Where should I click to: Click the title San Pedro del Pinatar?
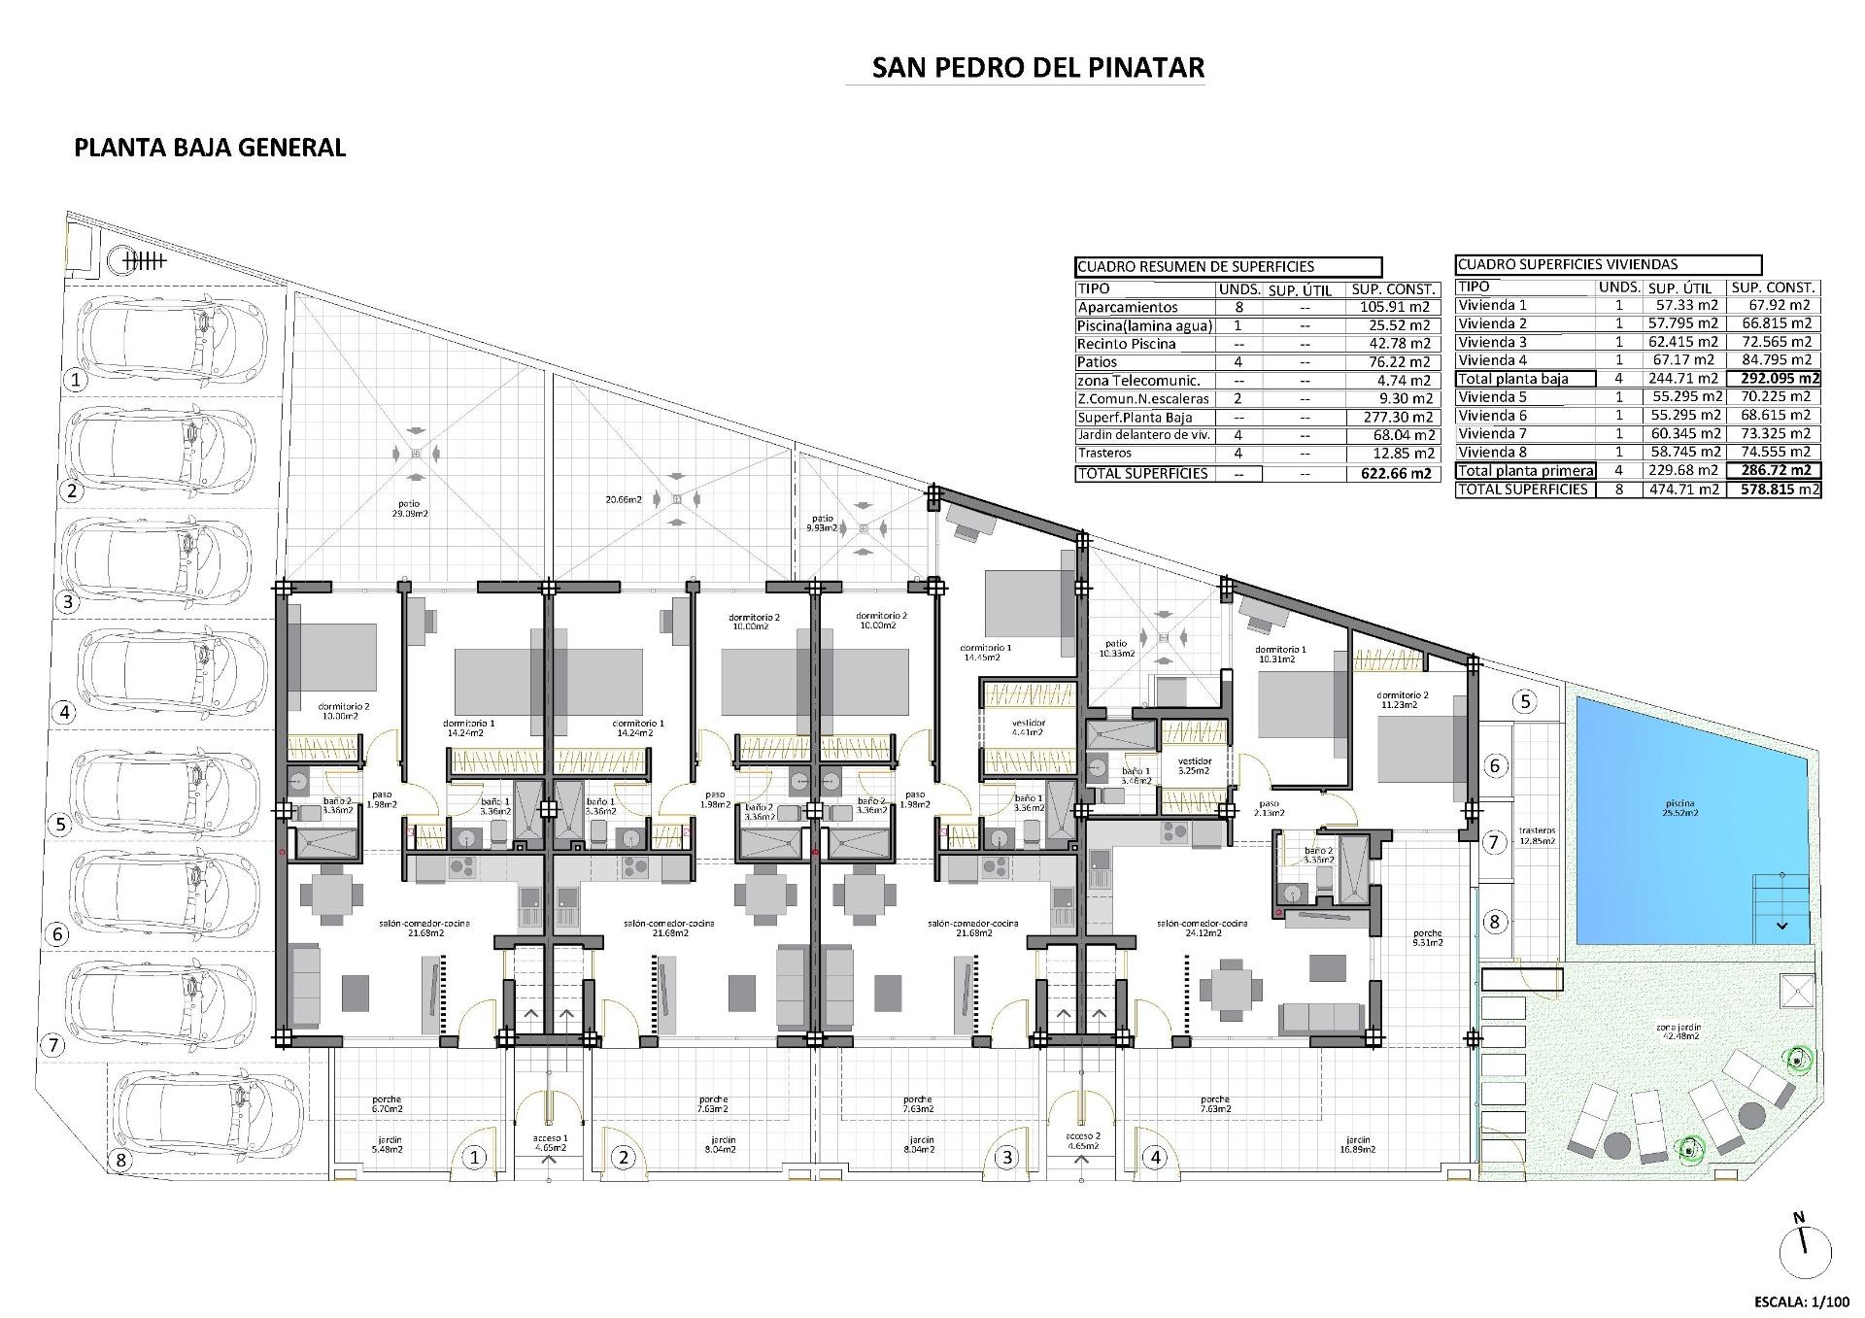click(x=1037, y=67)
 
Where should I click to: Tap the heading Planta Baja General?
click(x=210, y=148)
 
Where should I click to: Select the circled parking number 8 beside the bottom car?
click(x=121, y=1160)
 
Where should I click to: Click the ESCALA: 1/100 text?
click(x=1801, y=1301)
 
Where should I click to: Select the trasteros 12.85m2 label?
click(x=1536, y=835)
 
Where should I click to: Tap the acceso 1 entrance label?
click(x=550, y=1142)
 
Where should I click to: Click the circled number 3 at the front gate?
click(x=1007, y=1157)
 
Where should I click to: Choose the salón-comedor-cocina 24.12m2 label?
click(x=1202, y=928)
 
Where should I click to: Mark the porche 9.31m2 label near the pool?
click(x=1427, y=936)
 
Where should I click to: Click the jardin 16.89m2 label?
click(x=1358, y=1144)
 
